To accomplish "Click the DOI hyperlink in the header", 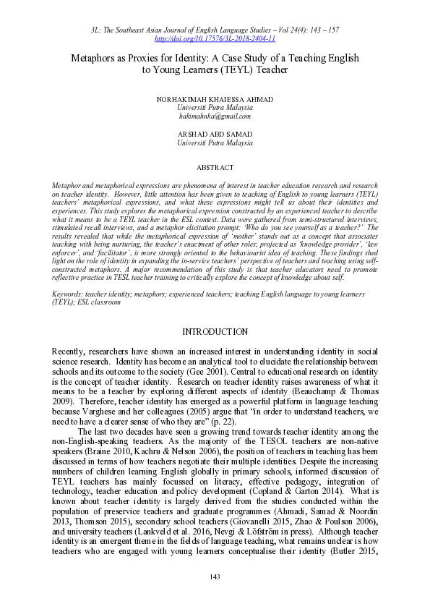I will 215,38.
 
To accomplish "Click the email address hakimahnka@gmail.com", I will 215,116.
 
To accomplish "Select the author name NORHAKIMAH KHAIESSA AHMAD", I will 215,98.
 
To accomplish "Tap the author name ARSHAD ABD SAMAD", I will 215,135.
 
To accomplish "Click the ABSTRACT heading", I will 215,168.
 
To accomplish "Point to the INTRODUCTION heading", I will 215,331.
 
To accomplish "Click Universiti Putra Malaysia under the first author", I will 215,107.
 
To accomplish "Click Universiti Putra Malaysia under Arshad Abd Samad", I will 215,143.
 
